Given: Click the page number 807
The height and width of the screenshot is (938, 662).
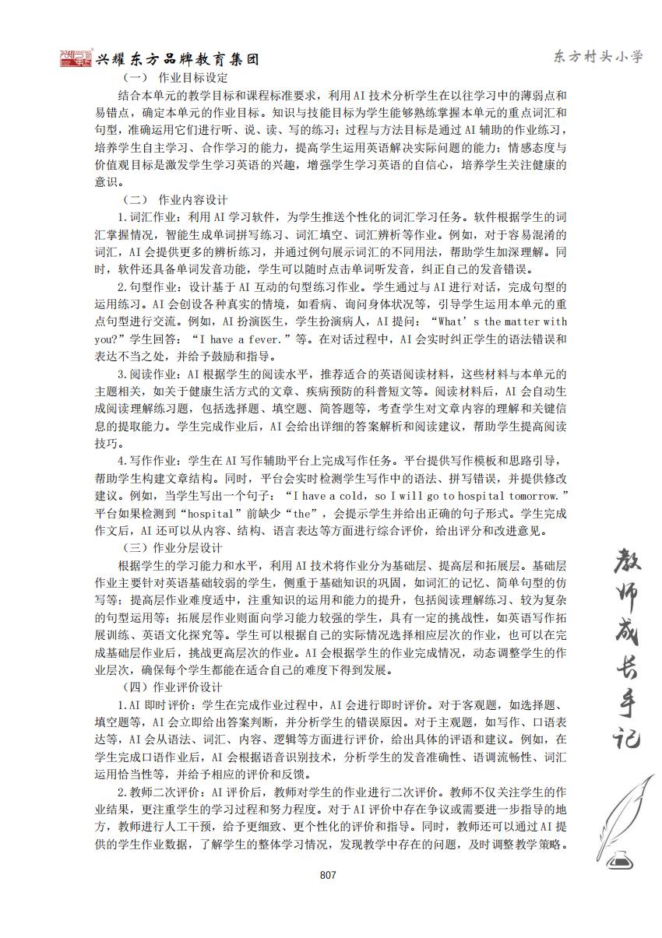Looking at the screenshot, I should click(327, 875).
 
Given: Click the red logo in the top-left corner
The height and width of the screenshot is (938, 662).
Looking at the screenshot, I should click(76, 58).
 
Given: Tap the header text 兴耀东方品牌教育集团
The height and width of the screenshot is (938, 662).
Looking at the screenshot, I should click(178, 60).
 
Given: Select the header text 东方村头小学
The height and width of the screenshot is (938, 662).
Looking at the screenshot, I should click(597, 57).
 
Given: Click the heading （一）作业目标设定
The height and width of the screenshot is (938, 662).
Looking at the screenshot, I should click(175, 78).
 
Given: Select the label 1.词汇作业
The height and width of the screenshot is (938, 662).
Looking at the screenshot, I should click(147, 216).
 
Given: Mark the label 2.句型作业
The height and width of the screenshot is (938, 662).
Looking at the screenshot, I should click(147, 286).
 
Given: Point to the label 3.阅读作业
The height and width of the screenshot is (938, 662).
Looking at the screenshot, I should click(147, 374).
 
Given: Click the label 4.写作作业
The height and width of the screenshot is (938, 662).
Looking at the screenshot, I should click(147, 461).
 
